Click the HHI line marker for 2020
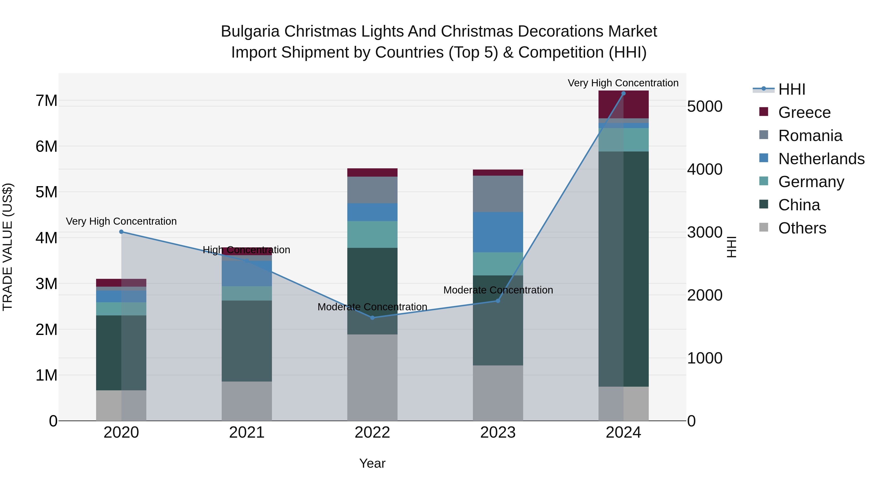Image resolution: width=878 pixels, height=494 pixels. [121, 232]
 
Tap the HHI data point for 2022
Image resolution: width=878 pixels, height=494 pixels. [372, 318]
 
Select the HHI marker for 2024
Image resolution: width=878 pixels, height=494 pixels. [623, 93]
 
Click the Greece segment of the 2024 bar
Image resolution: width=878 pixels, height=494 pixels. [623, 104]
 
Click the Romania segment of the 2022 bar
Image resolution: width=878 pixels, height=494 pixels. [372, 190]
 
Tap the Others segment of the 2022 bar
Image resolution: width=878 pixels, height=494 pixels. [372, 377]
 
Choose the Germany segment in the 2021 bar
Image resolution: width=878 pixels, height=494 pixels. [247, 293]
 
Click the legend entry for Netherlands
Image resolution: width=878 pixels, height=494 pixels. [821, 159]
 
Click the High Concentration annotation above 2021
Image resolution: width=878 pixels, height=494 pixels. [246, 250]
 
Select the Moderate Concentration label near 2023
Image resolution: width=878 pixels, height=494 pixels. [498, 290]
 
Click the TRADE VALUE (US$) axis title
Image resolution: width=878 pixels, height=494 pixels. [8, 247]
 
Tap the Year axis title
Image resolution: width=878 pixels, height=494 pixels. [372, 463]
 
